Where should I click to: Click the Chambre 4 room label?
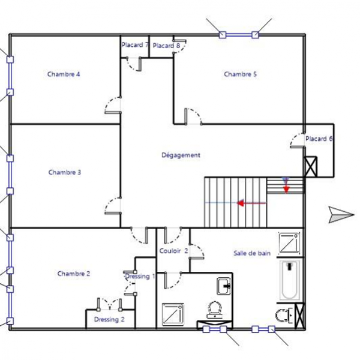64,74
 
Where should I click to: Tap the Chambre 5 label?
240,74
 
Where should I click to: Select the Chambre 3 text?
65,172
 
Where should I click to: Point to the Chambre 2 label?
74,274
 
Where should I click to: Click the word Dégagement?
181,155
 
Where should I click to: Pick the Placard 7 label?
135,45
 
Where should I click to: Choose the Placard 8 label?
166,46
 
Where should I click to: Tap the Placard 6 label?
319,139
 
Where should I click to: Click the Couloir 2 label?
173,251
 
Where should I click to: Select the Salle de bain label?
252,253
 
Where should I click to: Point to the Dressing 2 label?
109,320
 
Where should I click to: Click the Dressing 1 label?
140,276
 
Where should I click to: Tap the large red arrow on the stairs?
251,203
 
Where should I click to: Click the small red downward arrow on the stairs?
286,187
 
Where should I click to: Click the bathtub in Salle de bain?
290,280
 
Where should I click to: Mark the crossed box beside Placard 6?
311,167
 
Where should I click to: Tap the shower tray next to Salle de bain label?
289,244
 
